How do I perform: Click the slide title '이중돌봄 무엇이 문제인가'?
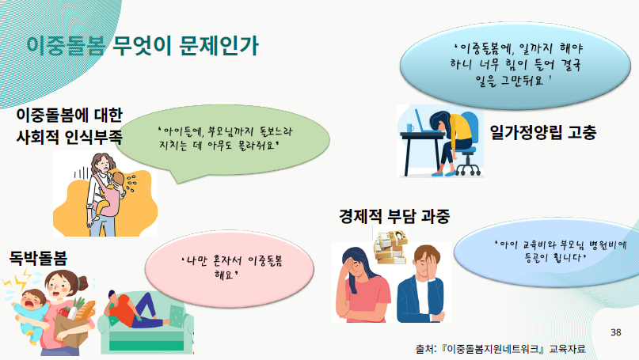[143, 45]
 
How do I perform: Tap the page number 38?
[616, 332]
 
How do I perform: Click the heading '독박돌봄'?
[38, 258]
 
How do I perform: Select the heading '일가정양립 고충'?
[543, 132]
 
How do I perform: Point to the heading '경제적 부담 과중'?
[394, 216]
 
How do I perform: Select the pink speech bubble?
[230, 268]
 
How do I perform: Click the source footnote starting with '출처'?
[500, 349]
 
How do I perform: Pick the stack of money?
[391, 247]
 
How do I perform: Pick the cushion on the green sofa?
[177, 316]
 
